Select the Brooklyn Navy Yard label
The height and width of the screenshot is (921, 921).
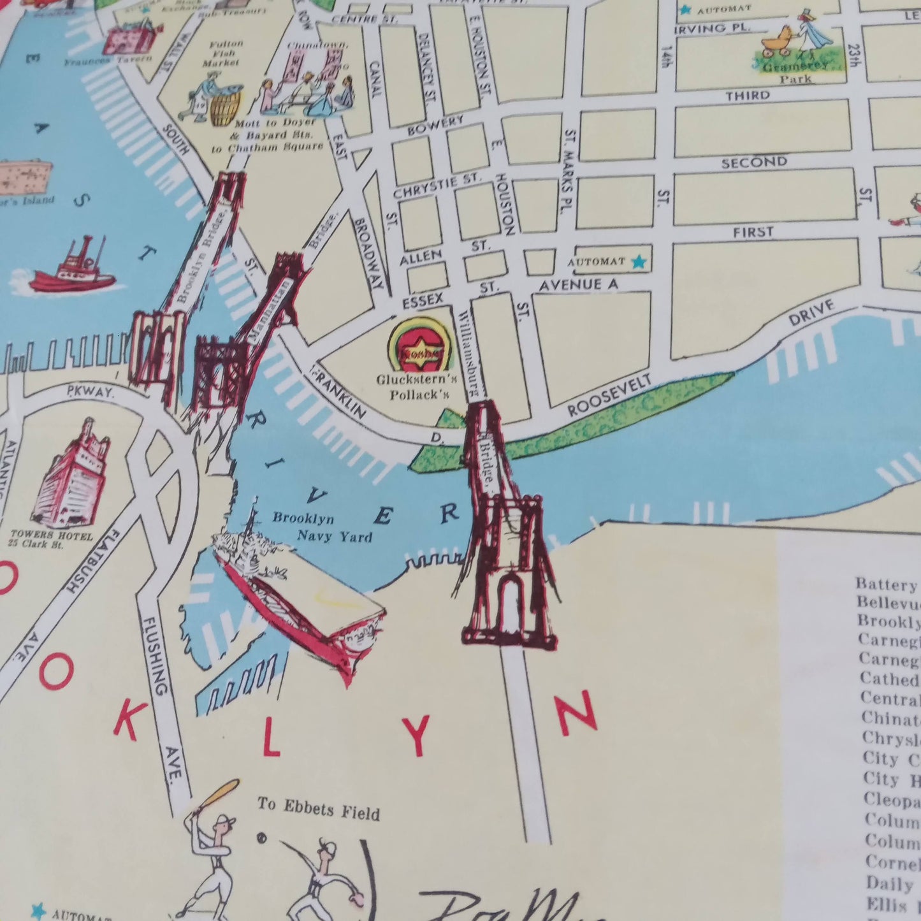pos(322,526)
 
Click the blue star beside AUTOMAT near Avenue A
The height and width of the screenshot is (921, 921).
pos(637,261)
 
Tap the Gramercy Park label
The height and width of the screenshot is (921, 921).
pos(797,71)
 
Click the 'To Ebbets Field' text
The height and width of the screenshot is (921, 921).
pos(318,808)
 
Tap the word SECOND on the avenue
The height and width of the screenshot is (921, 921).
pos(754,163)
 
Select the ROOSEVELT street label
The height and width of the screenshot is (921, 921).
pos(610,396)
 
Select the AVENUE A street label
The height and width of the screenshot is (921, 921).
pos(577,285)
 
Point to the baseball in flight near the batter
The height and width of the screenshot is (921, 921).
pos(261,837)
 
